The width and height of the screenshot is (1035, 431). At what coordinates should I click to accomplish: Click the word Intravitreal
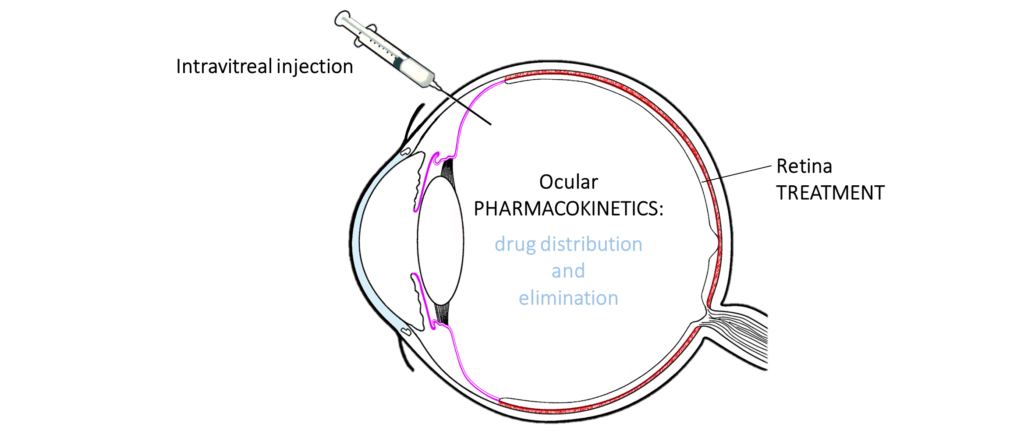pos(224,67)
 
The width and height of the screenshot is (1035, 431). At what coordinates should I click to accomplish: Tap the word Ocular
pos(568,182)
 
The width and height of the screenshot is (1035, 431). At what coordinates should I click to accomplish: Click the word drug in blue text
pos(515,244)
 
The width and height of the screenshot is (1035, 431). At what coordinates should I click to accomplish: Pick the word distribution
pos(591,244)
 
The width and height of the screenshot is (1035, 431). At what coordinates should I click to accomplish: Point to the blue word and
pos(568,271)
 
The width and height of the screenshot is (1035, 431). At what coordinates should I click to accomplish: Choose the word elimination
pos(568,298)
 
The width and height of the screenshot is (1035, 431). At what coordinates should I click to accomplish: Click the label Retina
pos(804,166)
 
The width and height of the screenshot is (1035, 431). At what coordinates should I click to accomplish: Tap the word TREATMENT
pos(830,193)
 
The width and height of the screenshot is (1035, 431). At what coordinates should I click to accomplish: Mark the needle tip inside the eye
pos(490,124)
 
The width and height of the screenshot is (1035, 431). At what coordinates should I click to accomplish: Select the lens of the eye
pos(440,240)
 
